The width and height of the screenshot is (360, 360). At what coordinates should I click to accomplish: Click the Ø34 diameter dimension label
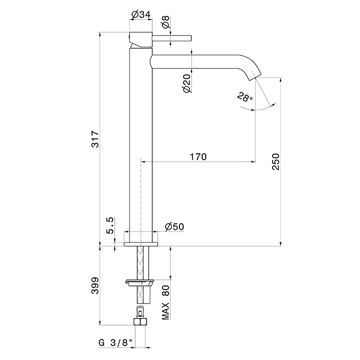coord(140,15)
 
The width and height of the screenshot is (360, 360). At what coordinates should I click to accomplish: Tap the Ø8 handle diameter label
coord(166,22)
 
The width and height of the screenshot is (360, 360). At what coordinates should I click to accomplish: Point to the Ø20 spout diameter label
coord(187,82)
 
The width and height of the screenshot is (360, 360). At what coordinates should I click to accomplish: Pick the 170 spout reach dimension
coord(197,157)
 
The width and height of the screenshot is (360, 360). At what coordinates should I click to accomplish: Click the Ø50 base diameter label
coord(175,227)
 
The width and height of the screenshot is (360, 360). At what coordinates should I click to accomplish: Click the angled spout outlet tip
coord(255,75)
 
